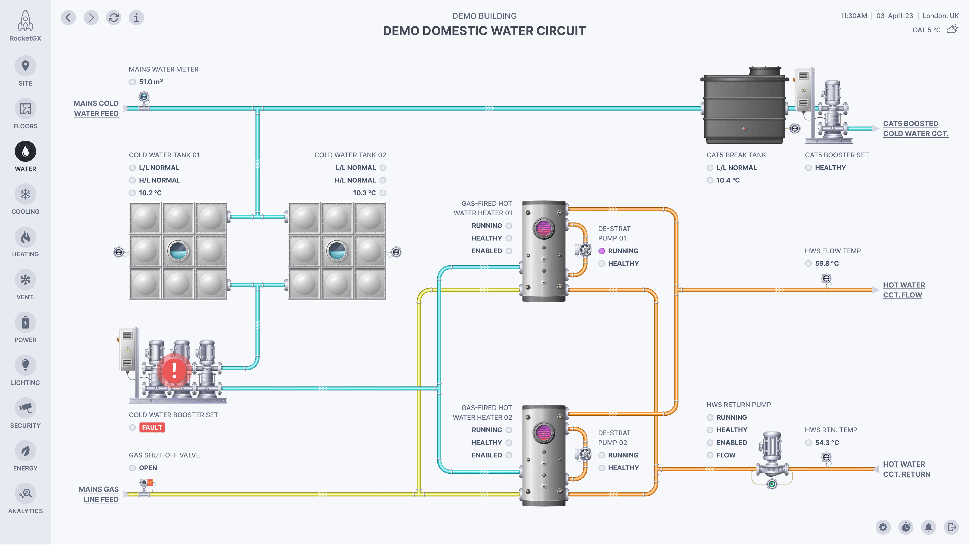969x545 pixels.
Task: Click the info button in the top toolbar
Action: tap(136, 18)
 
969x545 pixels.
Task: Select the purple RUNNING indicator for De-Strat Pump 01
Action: tap(602, 251)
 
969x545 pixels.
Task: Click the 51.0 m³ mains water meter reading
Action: tap(150, 82)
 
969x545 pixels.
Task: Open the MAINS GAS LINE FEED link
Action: tap(99, 494)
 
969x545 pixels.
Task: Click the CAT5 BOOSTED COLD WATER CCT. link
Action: tap(915, 129)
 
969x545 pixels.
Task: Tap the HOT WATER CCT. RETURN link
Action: tap(906, 469)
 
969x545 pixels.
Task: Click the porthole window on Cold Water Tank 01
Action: tap(178, 251)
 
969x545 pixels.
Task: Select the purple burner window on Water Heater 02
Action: tap(544, 433)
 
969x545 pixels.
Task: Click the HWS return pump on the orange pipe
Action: tap(772, 461)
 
